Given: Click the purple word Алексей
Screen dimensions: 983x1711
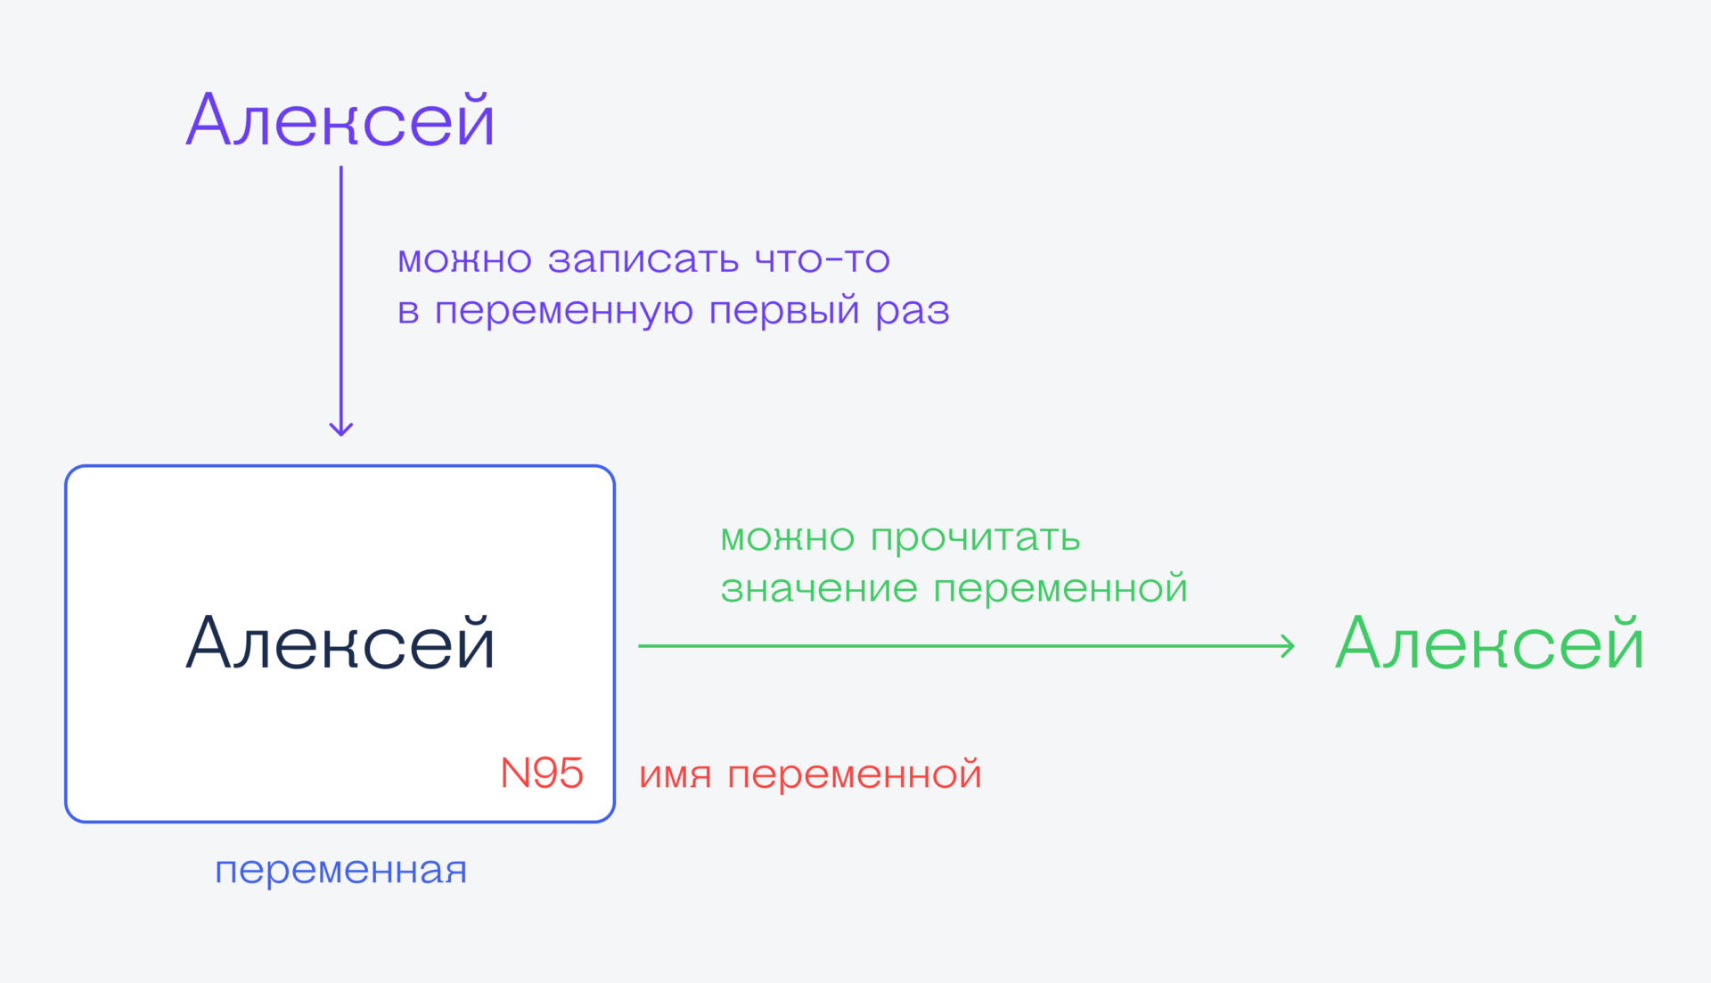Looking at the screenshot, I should pos(340,120).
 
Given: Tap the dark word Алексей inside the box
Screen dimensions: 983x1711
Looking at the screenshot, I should pos(340,643).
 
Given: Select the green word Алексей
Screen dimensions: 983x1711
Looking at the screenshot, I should pos(1489,643).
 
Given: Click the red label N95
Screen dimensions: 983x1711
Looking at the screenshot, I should pos(542,774).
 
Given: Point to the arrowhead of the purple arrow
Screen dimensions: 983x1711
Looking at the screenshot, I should pos(341,429).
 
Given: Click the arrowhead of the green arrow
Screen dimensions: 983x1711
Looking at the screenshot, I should pos(1288,645).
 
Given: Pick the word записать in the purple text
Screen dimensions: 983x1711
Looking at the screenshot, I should pos(643,259).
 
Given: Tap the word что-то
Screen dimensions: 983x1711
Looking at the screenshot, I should pos(822,259).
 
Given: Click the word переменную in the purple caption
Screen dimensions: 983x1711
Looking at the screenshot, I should pos(563,311).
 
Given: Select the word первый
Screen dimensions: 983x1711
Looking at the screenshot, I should pos(784,311).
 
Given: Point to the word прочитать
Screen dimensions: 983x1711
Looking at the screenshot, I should pos(975,538).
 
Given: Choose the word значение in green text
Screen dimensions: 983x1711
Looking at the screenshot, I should pos(819,589).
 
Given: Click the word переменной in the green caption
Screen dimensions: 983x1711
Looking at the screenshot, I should pos(1060,589).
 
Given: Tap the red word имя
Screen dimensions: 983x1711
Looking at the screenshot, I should pos(675,774).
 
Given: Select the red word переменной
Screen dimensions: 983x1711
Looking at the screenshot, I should pos(855,774).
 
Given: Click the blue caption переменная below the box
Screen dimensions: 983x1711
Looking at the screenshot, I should pos(340,870).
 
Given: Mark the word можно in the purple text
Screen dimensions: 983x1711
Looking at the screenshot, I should pos(464,259).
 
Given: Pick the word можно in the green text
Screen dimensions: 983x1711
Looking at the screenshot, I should pos(787,538).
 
